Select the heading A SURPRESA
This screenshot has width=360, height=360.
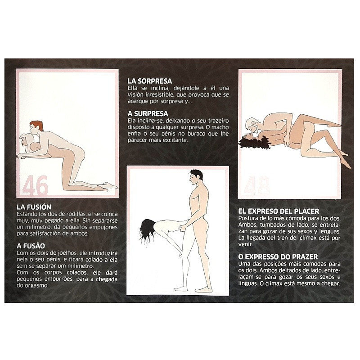(147, 114)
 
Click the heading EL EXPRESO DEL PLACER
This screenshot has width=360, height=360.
(279, 211)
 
